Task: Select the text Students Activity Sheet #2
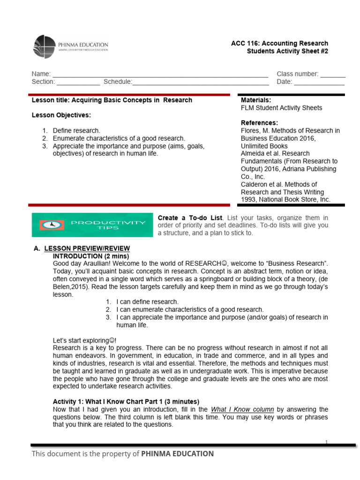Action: click(287, 51)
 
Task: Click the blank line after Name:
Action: click(160, 74)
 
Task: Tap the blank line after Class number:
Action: click(333, 74)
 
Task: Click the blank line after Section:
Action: click(78, 82)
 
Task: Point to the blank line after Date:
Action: click(319, 82)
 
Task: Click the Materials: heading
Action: click(255, 100)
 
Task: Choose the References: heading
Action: click(259, 123)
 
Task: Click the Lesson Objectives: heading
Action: click(61, 115)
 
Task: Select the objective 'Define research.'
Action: click(76, 131)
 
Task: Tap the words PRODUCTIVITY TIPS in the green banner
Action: click(108, 225)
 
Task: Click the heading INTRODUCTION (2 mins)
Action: click(90, 256)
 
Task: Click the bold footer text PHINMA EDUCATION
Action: click(177, 453)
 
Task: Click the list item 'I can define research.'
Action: click(147, 302)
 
